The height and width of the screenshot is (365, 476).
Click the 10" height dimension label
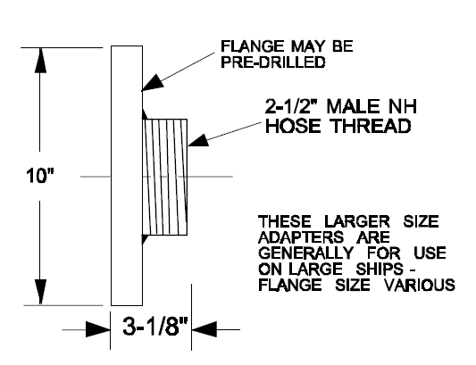point(40,176)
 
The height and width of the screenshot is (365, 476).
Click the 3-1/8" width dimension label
point(155,327)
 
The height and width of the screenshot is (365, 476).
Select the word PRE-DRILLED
point(273,62)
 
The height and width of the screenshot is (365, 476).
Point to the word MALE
point(353,106)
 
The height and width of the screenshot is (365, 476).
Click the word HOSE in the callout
point(293,126)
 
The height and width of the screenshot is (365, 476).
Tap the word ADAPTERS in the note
point(301,237)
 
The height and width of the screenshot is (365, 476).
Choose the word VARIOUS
point(420,285)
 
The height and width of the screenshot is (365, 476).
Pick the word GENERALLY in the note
point(306,253)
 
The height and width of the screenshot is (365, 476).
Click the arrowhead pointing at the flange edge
point(152,83)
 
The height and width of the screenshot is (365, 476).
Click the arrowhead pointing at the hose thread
point(198,140)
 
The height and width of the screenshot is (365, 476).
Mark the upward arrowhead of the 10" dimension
point(40,60)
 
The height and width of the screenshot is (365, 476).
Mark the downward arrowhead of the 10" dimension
point(40,292)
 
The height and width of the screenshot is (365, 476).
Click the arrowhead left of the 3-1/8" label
point(97,329)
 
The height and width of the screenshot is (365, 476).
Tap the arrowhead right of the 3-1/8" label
point(205,329)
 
